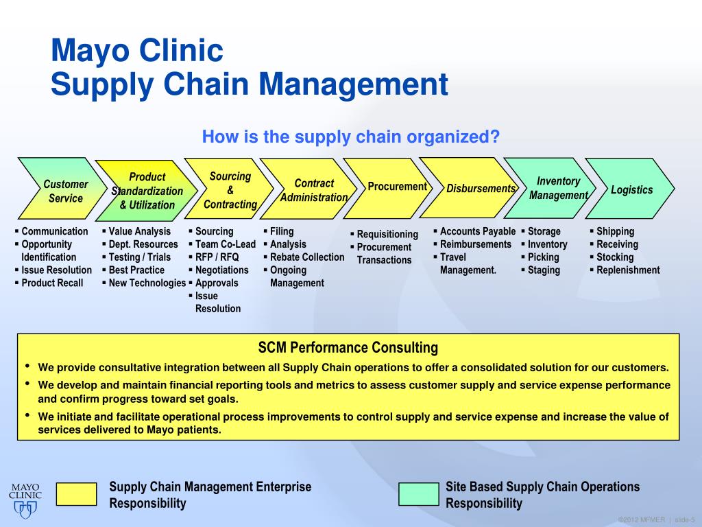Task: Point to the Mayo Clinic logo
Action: [x=25, y=499]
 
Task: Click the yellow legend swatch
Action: [x=76, y=494]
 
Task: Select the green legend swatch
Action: [x=418, y=494]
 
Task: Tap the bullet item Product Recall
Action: [x=52, y=283]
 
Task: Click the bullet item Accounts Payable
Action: [x=477, y=231]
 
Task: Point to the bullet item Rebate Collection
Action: [x=306, y=257]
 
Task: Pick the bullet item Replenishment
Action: [x=628, y=270]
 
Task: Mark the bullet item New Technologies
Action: [x=147, y=283]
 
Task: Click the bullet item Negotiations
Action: [x=221, y=270]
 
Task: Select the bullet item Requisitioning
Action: [x=387, y=235]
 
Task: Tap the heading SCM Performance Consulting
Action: [x=348, y=347]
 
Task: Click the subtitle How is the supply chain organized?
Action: [x=350, y=137]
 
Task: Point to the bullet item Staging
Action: [x=544, y=270]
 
